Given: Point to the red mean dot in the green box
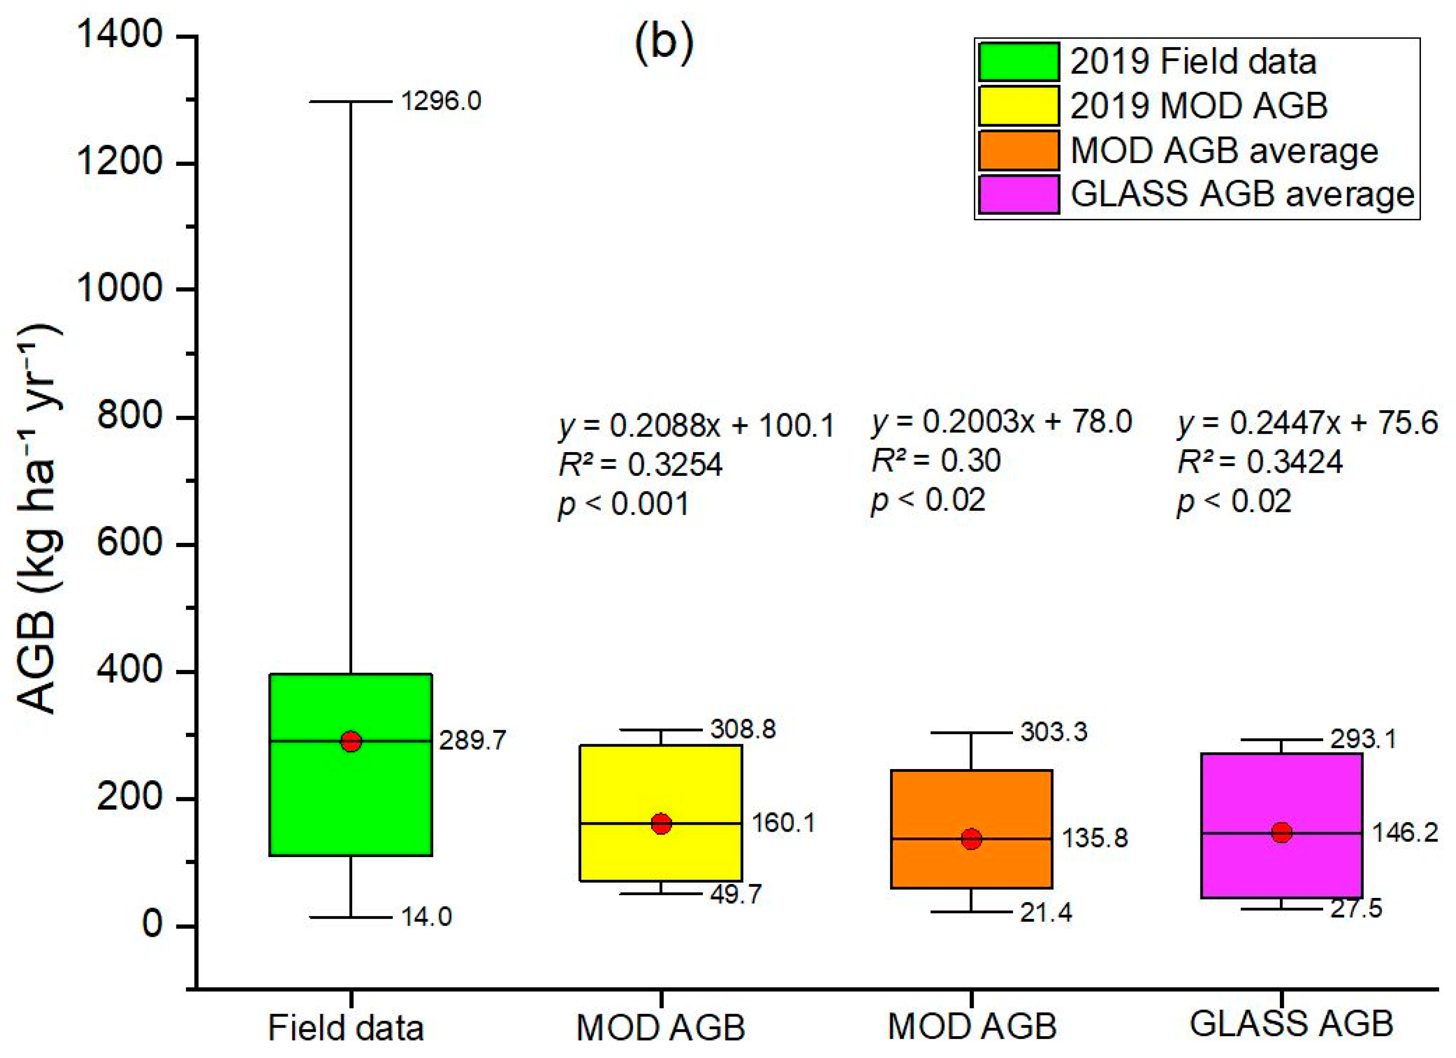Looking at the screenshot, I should pos(351,741).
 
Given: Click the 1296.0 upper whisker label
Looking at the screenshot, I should pos(441,101).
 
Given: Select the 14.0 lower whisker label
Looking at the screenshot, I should pos(426,917).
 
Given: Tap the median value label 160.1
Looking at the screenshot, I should pos(783,822).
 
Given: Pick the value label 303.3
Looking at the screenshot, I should pos(1054,732).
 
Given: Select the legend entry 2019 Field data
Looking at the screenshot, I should pos(1193,62).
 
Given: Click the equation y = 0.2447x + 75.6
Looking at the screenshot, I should pos(1307,423).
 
